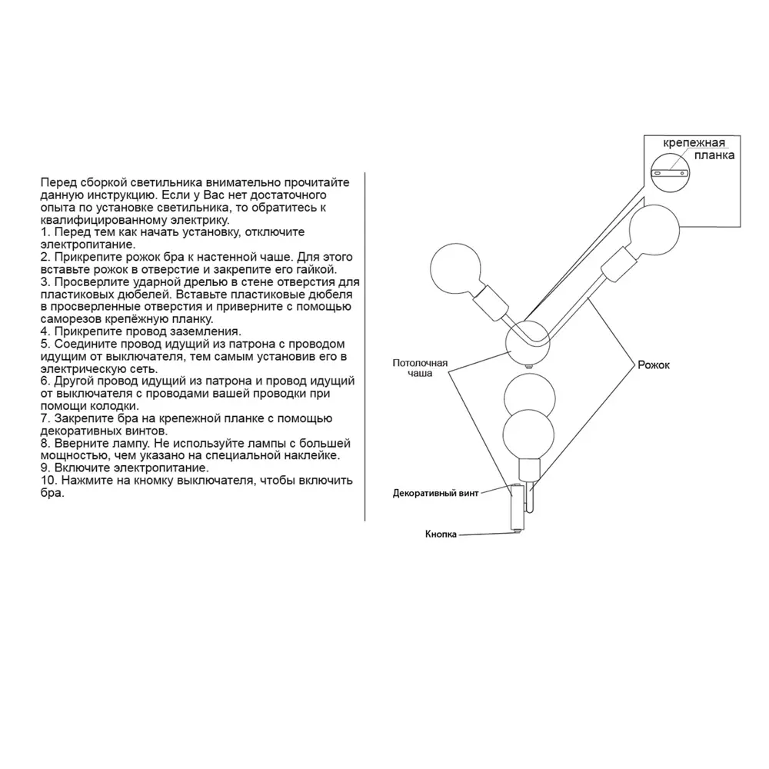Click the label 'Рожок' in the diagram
(x=653, y=365)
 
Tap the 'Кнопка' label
(x=441, y=534)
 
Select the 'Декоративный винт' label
(x=435, y=493)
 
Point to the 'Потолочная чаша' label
(x=420, y=368)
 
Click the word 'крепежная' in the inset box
(x=694, y=143)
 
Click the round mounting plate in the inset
(x=670, y=172)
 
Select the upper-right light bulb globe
(x=654, y=230)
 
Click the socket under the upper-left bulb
(x=491, y=302)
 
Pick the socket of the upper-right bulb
(x=619, y=265)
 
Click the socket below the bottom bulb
(x=529, y=471)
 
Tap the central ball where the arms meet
(x=528, y=343)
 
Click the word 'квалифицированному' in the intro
(x=104, y=220)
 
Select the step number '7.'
(x=45, y=418)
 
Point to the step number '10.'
(x=49, y=480)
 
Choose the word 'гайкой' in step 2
(x=316, y=269)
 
